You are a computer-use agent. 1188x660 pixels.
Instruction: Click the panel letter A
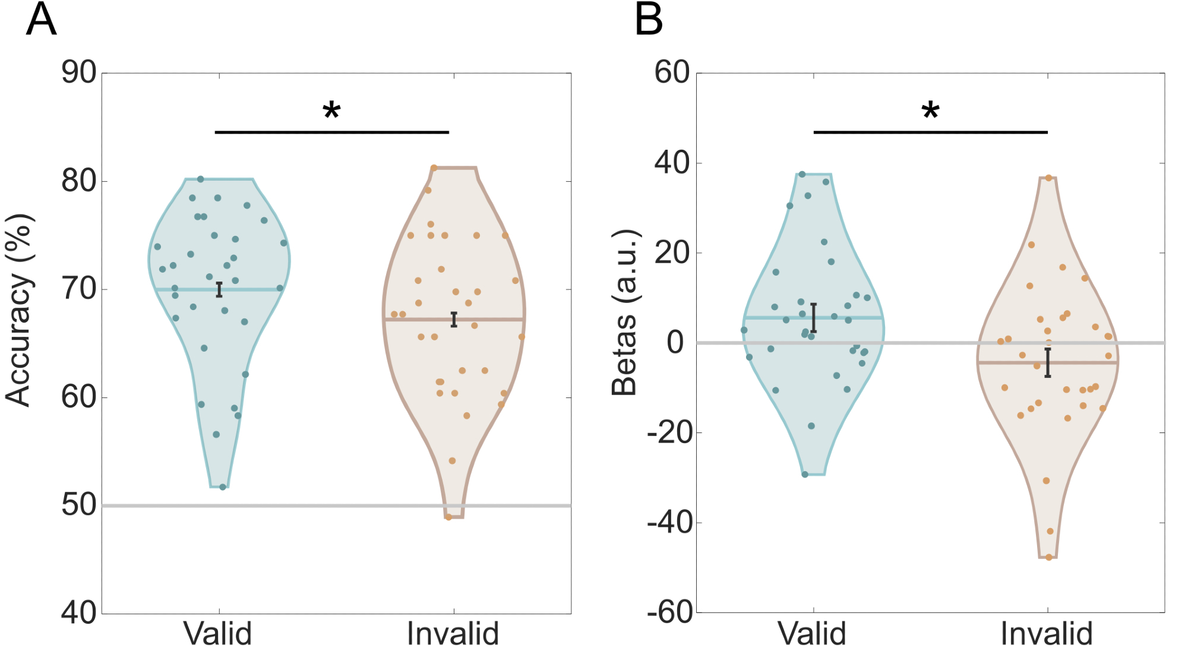tap(42, 20)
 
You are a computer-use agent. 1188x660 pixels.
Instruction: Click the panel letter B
tap(649, 20)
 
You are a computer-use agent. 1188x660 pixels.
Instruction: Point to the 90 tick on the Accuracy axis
tap(79, 73)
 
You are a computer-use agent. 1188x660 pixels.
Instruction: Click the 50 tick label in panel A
tap(79, 506)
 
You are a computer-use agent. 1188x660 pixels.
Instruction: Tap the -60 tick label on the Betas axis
tap(670, 612)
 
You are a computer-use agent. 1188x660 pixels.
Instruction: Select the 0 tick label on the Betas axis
tap(675, 343)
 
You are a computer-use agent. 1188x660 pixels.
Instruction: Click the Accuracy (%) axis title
tap(19, 311)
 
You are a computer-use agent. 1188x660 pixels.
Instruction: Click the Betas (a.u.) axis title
tap(624, 312)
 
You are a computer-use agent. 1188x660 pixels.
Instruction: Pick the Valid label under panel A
tap(218, 634)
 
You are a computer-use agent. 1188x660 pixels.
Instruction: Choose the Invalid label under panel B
tap(1047, 634)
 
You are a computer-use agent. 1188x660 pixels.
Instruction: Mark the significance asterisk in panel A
tap(331, 111)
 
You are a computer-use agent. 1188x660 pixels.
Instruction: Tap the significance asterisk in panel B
tap(930, 111)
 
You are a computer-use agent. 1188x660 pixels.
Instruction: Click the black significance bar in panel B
tap(930, 132)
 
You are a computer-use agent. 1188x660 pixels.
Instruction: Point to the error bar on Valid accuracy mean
tap(219, 289)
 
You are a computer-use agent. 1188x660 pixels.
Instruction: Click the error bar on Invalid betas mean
tap(1048, 362)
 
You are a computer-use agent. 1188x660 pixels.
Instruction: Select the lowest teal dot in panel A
tap(223, 487)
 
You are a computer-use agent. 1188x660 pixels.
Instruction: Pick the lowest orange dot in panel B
tap(1048, 557)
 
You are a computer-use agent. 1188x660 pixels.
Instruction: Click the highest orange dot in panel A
tap(434, 168)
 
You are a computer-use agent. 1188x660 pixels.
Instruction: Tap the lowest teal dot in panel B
tap(805, 474)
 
